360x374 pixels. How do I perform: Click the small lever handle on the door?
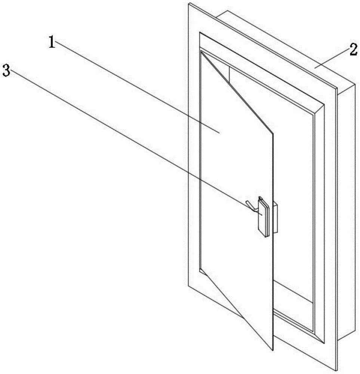click(x=251, y=206)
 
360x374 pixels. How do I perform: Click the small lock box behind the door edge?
click(x=276, y=218)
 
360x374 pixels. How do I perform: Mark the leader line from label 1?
click(x=135, y=86)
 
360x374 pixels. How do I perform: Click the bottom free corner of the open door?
click(x=273, y=351)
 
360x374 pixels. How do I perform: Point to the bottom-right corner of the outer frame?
click(x=336, y=370)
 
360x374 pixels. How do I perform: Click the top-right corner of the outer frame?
click(x=337, y=89)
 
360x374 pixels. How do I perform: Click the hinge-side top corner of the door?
click(x=201, y=52)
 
